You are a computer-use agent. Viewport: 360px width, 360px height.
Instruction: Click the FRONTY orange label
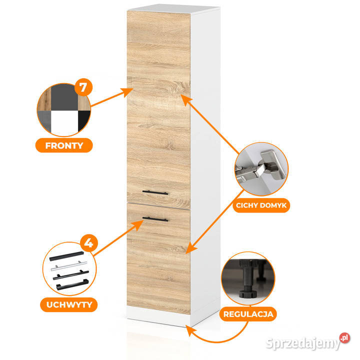click(x=64, y=145)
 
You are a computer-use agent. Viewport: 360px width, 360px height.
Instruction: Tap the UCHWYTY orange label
click(x=69, y=304)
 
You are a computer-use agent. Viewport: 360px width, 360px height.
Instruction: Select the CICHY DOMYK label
click(x=261, y=205)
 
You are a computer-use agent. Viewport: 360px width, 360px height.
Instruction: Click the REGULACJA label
click(x=248, y=314)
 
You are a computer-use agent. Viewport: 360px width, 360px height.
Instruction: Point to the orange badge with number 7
click(x=83, y=87)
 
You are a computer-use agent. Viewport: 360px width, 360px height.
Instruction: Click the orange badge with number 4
click(x=89, y=243)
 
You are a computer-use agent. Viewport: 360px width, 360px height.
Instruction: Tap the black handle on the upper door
click(x=155, y=192)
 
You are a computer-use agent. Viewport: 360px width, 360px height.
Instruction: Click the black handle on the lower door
click(x=155, y=219)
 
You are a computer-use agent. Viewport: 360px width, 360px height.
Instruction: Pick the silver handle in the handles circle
click(x=69, y=265)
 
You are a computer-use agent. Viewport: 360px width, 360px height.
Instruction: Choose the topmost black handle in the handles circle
click(x=66, y=256)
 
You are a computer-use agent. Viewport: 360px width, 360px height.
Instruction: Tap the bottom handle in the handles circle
click(x=72, y=284)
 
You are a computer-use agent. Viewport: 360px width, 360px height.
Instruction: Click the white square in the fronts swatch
click(x=64, y=122)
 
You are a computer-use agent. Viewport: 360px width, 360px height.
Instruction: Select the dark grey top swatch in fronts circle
click(x=64, y=97)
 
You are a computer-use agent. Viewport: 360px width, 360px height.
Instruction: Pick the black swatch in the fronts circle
click(x=83, y=120)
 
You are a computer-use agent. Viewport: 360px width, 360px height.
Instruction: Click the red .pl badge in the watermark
click(x=344, y=338)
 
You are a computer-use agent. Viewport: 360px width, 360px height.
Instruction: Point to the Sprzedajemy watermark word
click(x=302, y=343)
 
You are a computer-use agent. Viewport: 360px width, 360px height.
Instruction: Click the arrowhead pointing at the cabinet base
click(x=189, y=330)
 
